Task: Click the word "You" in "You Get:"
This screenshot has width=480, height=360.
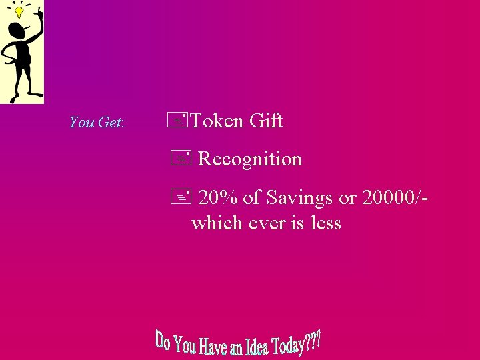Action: tap(82, 123)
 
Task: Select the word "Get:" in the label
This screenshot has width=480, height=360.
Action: tap(111, 123)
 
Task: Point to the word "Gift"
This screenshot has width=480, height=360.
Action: tap(266, 121)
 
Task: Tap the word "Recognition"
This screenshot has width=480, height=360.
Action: tap(250, 159)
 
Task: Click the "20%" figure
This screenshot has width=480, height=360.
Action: tap(219, 198)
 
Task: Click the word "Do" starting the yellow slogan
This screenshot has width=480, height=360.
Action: tap(163, 339)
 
